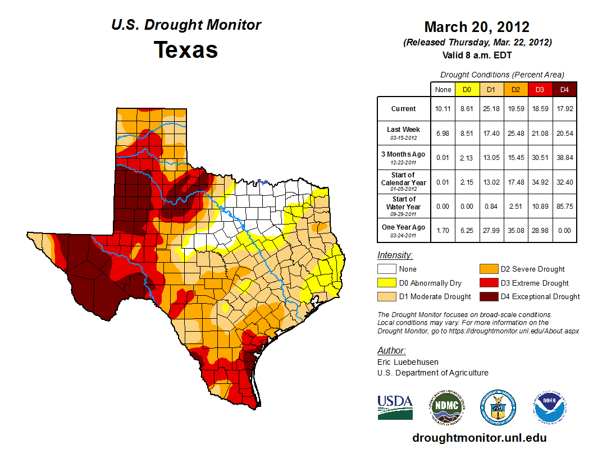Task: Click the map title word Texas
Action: coord(186,50)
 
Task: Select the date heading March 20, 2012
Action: coord(477,27)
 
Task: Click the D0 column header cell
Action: coord(467,89)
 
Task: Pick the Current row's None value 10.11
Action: coord(443,109)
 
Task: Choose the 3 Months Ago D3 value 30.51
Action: coord(539,158)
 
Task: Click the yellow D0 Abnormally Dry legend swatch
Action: coord(386,283)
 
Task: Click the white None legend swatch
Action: coord(386,269)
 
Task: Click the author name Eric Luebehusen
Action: coord(408,362)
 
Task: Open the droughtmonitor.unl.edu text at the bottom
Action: coord(479,438)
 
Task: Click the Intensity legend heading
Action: coord(395,255)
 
